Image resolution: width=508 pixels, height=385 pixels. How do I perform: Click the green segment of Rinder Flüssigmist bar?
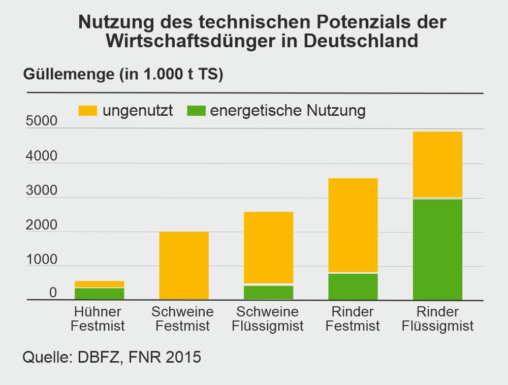pos(437,249)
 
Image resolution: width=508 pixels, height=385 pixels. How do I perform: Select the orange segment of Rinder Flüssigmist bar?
pos(437,164)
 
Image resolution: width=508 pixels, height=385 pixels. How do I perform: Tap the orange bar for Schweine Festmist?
pos(184,265)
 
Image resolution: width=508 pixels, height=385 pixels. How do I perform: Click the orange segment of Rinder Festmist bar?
pos(353,225)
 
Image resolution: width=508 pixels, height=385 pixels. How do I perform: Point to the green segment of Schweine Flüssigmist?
pos(268,292)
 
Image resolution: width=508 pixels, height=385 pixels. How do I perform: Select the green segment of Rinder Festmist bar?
pos(353,286)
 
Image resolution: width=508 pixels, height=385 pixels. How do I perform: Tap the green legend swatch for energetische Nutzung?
pos(196,111)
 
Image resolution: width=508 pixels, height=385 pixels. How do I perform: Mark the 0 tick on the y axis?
pos(53,293)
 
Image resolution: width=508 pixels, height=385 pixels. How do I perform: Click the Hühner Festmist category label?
pos(98,318)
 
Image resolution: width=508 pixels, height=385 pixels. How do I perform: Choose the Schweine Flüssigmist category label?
pos(268,318)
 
